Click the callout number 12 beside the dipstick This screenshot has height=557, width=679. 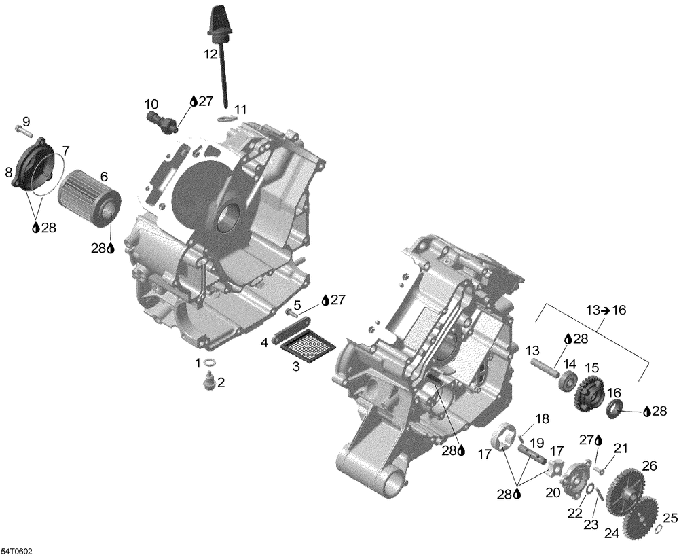click(x=210, y=52)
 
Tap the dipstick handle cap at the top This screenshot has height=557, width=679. click(x=217, y=16)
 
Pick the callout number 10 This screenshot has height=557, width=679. click(x=151, y=104)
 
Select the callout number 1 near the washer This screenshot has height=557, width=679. click(x=198, y=363)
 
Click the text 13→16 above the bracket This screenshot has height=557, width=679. click(x=606, y=310)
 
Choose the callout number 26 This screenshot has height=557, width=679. click(x=650, y=466)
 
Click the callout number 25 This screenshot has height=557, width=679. click(x=670, y=518)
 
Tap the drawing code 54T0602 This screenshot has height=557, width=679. click(x=16, y=551)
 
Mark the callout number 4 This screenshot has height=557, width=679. click(x=264, y=343)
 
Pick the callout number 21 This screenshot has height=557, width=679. click(x=621, y=448)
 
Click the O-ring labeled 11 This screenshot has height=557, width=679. click(x=227, y=120)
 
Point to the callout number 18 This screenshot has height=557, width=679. click(x=541, y=418)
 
